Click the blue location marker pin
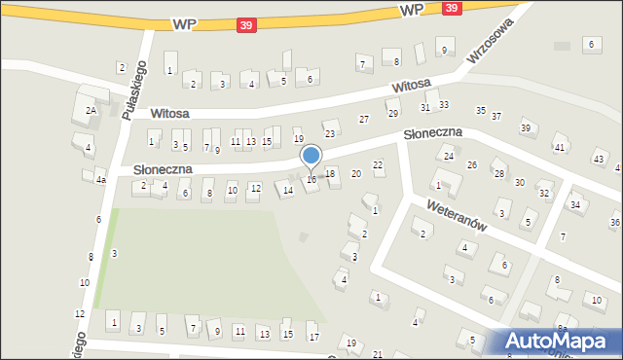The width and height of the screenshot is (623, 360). point(311,156)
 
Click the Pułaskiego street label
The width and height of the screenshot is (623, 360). point(134,90)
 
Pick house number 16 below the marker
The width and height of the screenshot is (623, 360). point(311,179)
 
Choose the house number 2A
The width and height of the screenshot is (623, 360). point(91,111)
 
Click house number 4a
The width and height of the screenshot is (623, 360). point(100,180)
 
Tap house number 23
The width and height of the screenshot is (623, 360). point(330,133)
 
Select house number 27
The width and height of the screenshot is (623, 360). point(364,119)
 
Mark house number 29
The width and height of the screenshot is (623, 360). point(394,114)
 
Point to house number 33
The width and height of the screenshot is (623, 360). point(444,104)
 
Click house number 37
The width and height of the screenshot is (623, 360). point(496,116)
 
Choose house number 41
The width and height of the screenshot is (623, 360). point(560,147)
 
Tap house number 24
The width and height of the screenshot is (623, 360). point(449,156)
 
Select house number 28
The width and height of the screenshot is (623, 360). point(498,173)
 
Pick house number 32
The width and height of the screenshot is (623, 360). point(544,193)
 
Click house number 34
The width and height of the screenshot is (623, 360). point(575,204)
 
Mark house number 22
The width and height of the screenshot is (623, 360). point(378,165)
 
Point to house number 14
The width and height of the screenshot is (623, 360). point(287,191)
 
